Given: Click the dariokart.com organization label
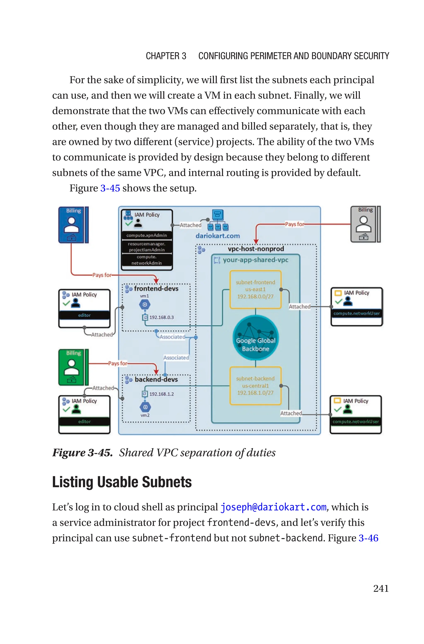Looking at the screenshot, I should pos(217,236).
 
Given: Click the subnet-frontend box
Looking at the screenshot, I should pos(255,289).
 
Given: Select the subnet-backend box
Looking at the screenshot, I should pos(255,386).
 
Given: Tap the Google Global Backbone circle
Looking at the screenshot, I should pos(255,337).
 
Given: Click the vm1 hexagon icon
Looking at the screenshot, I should pos(145,305).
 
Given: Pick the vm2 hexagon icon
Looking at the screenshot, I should pos(145,407).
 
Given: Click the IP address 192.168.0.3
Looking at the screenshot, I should pos(161,317).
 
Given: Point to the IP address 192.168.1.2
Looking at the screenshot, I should pos(161,394).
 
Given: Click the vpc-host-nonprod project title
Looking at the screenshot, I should pos(255,249).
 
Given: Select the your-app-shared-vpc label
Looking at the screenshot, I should pos(255,260).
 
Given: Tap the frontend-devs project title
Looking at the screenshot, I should pos(156,289).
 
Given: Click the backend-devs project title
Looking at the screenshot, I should pos(156,379).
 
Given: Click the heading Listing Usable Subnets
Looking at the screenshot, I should pos(122,482).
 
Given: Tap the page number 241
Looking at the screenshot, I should pos(381,588).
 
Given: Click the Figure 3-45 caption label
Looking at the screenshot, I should pos(82,453).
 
